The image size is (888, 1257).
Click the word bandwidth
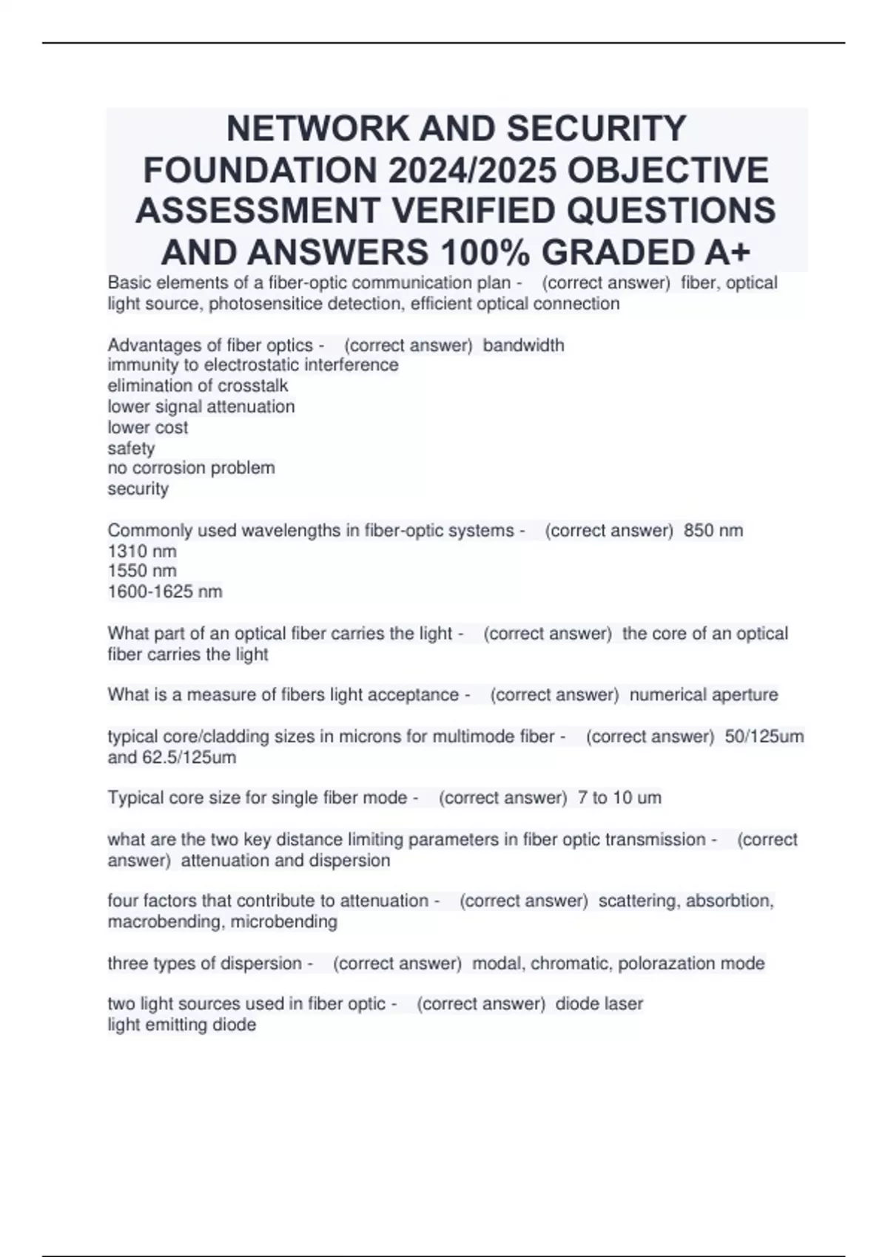523,345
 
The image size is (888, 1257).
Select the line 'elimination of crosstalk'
198,385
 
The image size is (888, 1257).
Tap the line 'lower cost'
148,427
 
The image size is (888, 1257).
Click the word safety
131,448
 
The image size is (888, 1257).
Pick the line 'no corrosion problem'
191,468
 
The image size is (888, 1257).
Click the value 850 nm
713,530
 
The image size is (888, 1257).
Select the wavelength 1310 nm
142,551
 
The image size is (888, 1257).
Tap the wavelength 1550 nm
142,571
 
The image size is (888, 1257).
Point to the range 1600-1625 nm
165,592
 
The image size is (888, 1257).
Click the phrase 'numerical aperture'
703,695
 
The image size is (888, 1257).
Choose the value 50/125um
764,736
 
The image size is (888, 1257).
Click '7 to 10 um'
619,798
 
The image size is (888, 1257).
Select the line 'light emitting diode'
182,1025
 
